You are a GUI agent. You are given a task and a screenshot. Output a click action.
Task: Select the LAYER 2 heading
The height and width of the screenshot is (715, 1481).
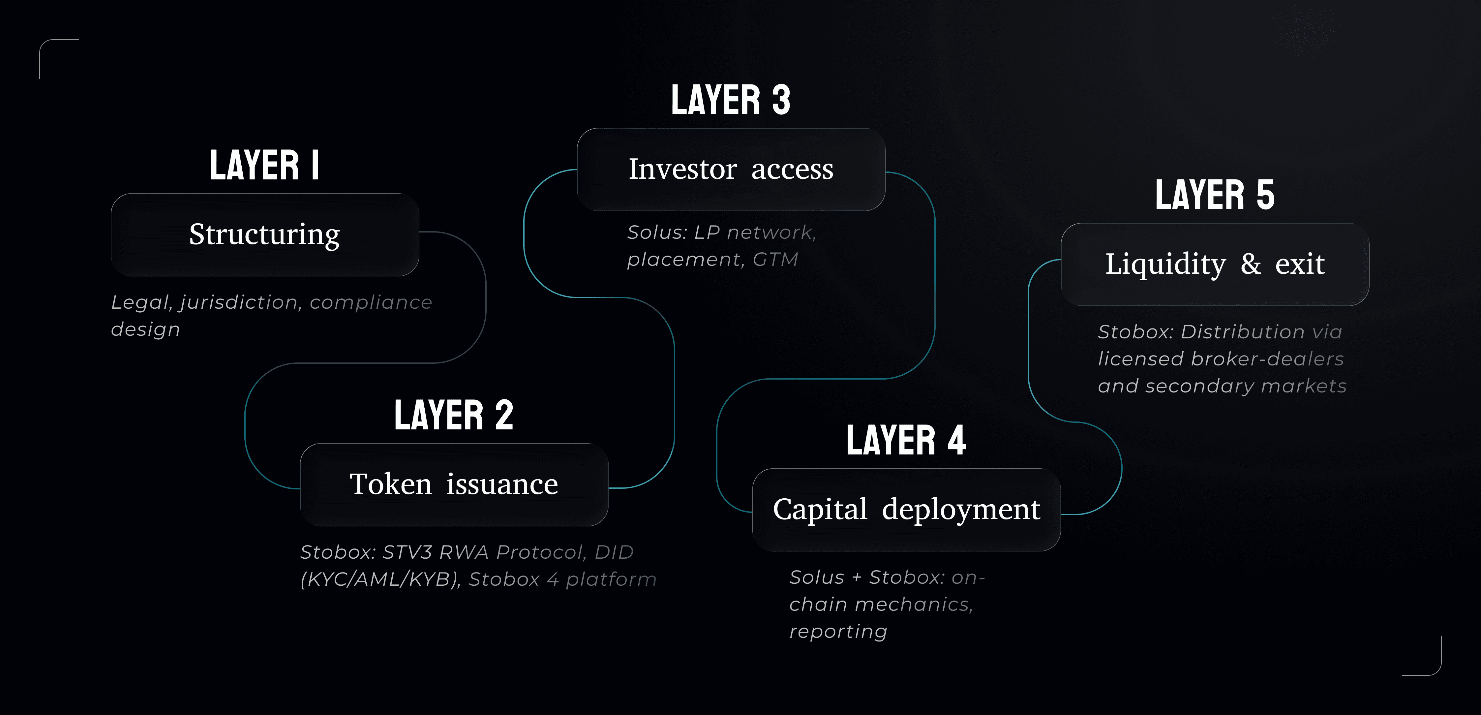pos(454,415)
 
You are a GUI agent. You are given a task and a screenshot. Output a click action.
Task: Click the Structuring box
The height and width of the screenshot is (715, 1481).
pos(264,235)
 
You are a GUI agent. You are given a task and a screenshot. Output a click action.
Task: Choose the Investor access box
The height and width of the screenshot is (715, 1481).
pos(731,169)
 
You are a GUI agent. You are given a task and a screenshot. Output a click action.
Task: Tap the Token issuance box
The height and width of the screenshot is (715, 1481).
pos(454,484)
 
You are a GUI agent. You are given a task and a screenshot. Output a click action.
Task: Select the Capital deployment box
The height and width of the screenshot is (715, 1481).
pos(906,510)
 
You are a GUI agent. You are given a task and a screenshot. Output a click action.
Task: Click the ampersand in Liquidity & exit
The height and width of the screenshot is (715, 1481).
pos(1251,264)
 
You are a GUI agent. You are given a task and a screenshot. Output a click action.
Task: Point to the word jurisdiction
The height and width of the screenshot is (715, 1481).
pos(239,302)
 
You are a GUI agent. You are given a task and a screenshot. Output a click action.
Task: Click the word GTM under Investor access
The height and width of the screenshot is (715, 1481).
pos(775,260)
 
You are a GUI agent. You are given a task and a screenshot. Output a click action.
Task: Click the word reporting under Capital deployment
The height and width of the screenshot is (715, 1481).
pos(838,632)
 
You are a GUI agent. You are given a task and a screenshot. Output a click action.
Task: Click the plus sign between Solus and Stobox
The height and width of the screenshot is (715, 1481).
pos(857,577)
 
